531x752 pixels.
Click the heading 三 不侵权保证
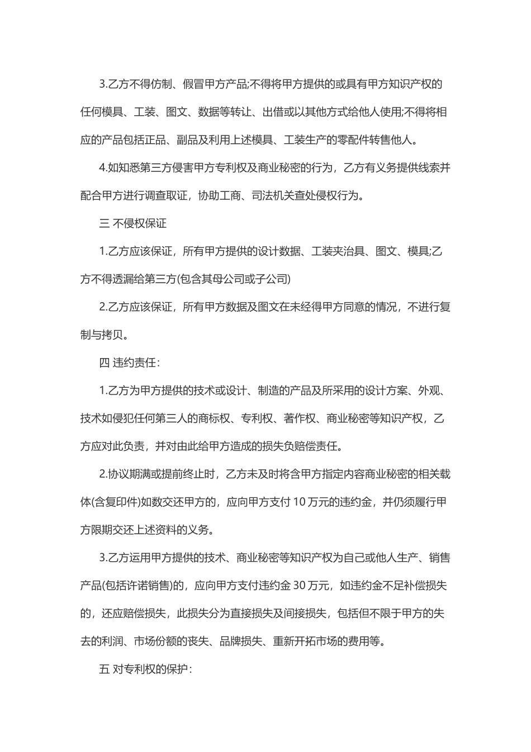[132, 224]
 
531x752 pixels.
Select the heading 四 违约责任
[129, 363]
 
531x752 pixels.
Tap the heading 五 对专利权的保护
[145, 669]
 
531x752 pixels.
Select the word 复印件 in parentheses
[120, 502]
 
